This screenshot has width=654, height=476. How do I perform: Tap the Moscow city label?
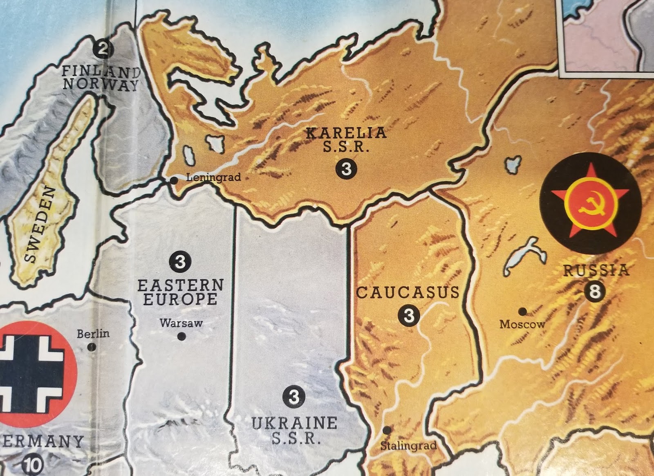click(522, 324)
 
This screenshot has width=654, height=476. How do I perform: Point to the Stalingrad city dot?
click(387, 430)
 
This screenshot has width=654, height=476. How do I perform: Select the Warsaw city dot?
click(182, 337)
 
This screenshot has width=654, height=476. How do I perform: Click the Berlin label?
click(93, 334)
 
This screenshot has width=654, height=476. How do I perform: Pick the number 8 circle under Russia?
click(594, 292)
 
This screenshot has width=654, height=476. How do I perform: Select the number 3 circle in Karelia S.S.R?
click(346, 168)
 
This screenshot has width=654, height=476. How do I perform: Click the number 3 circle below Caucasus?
click(408, 315)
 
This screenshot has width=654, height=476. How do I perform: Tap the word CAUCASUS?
click(408, 292)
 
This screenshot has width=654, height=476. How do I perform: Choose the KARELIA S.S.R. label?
click(346, 139)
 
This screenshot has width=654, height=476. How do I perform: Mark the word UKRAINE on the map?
click(294, 423)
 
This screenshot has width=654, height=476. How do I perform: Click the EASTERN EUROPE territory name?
click(180, 292)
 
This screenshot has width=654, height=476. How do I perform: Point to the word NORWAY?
click(101, 85)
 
